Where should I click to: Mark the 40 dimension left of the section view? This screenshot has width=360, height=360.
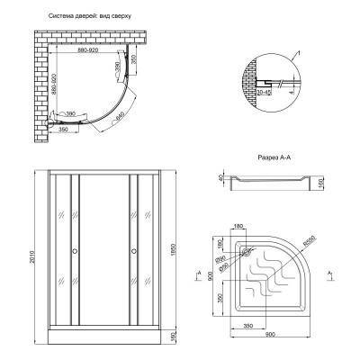coord(219,179)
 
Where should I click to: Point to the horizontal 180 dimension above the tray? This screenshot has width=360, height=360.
coord(238,228)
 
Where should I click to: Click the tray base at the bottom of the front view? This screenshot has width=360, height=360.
coord(103,339)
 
